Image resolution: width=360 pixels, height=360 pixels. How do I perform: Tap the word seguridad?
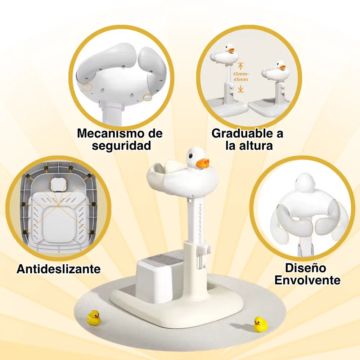[121, 146]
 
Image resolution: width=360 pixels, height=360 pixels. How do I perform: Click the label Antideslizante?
[59, 269]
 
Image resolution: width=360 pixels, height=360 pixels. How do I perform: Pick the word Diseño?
[305, 268]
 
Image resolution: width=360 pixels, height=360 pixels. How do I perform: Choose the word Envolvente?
[307, 280]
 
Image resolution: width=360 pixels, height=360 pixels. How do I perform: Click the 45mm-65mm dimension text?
[240, 77]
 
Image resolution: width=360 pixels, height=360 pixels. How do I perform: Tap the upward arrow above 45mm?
[240, 66]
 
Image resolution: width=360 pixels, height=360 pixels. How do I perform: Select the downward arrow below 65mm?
[240, 89]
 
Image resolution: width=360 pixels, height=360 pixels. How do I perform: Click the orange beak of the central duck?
[202, 163]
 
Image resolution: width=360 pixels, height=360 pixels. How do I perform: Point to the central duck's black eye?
[190, 156]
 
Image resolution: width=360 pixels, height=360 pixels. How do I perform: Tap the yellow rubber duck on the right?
[261, 324]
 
